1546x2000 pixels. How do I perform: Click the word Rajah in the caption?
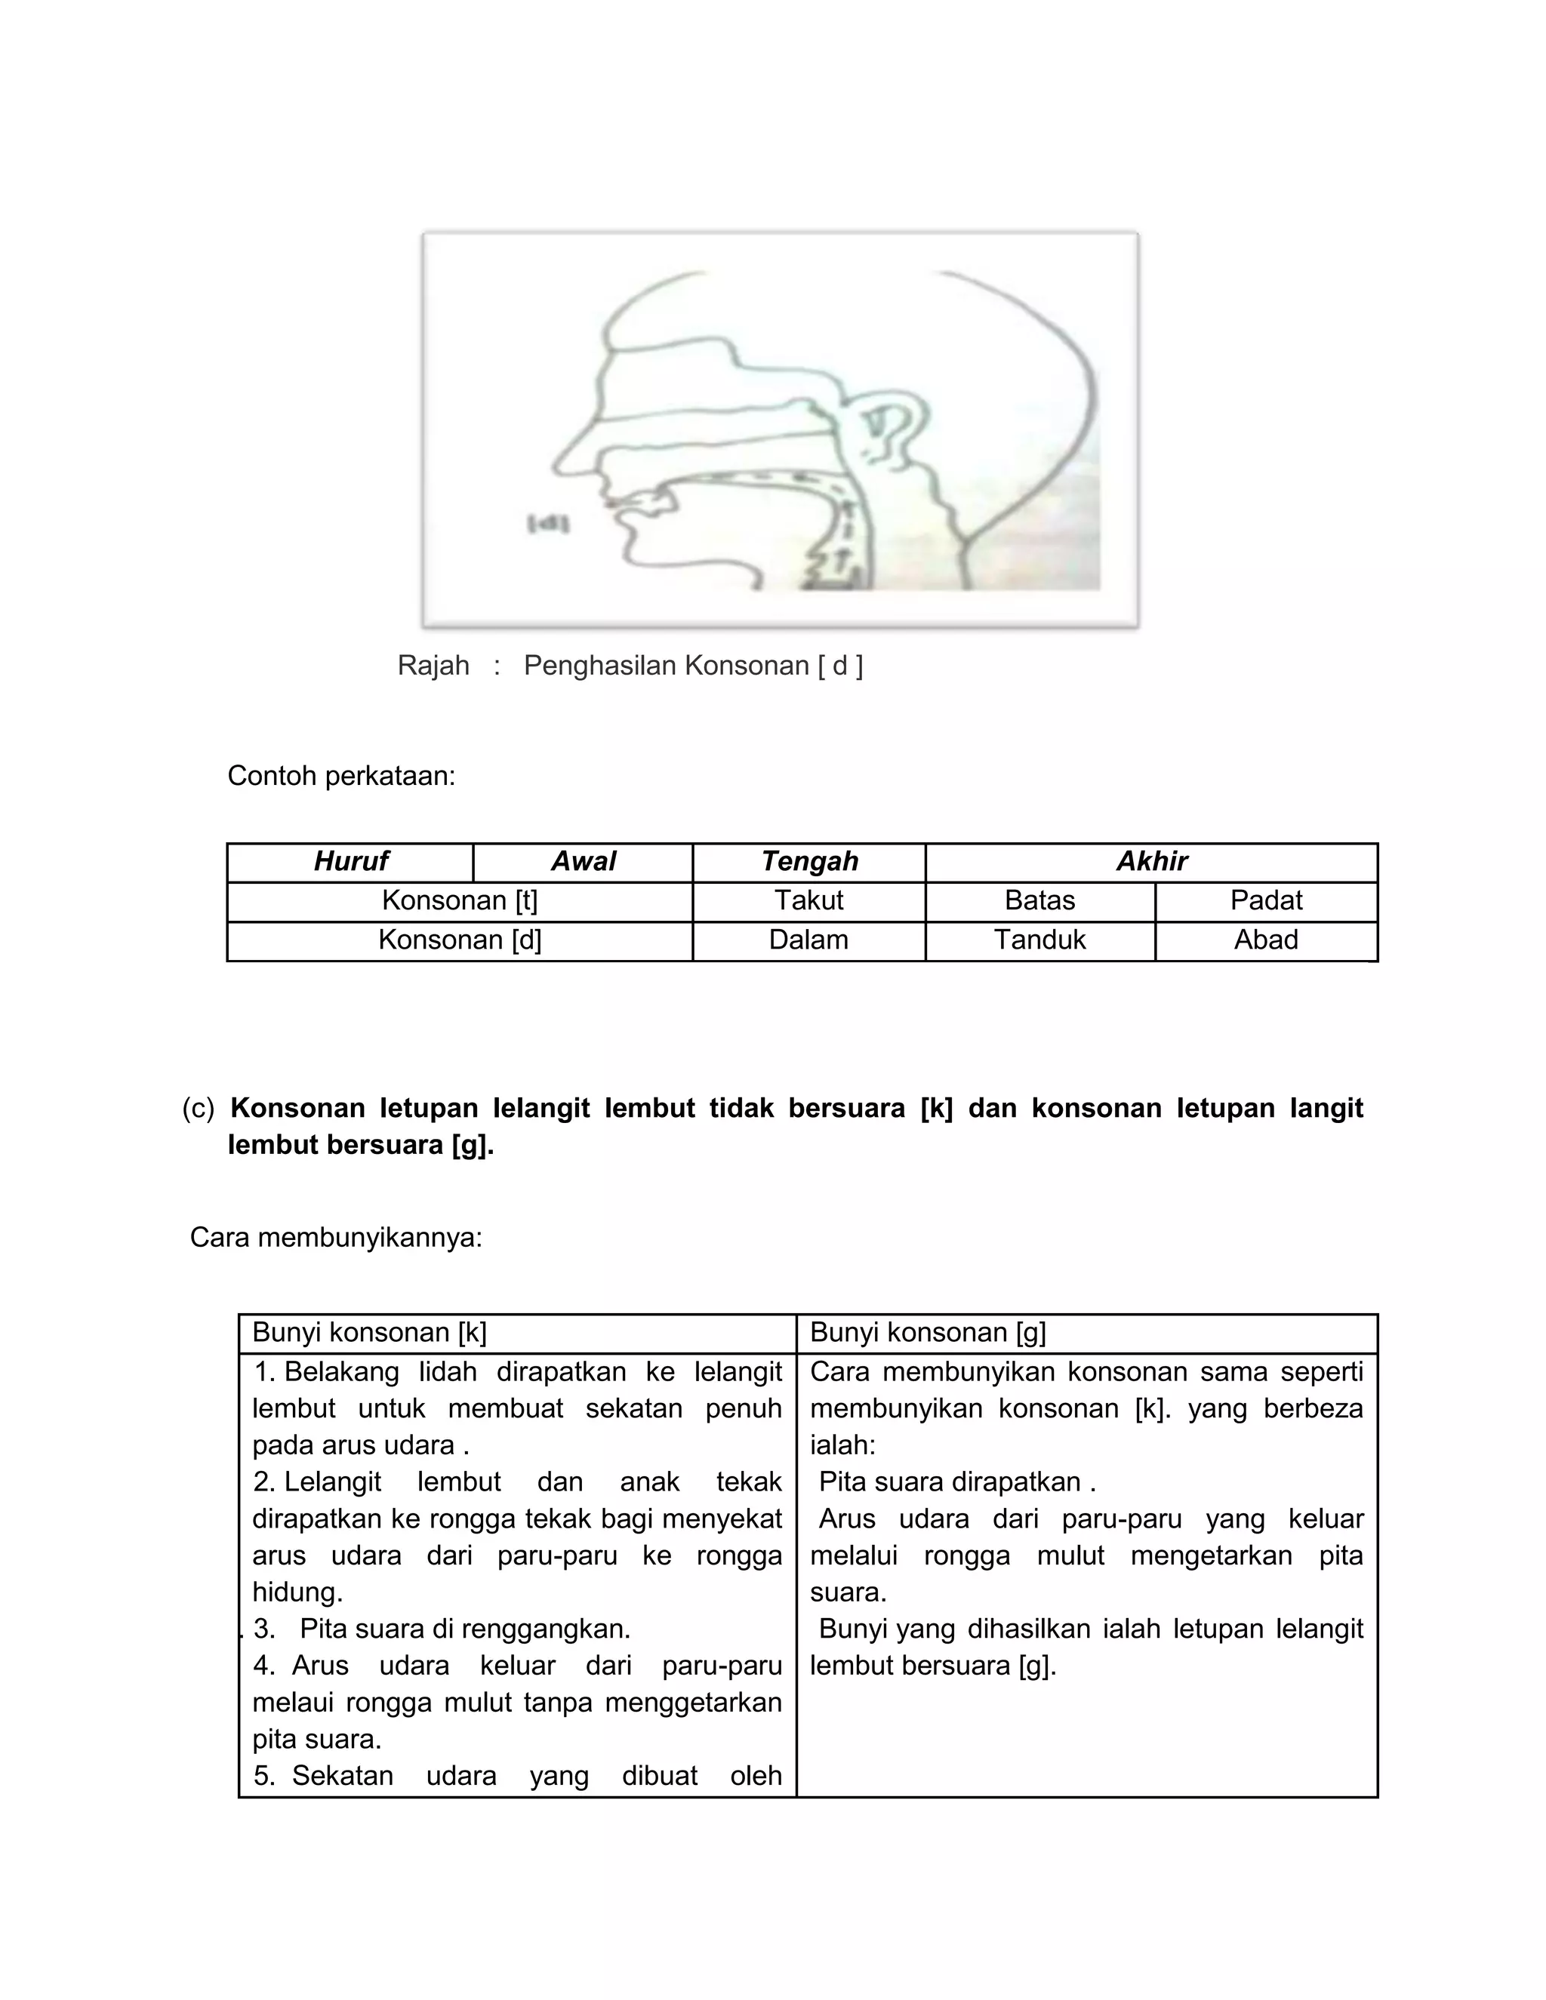(433, 666)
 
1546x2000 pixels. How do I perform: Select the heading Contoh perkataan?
(340, 776)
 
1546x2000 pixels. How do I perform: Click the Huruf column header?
(351, 862)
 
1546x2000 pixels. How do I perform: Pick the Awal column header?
(583, 862)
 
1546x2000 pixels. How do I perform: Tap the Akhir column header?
(1151, 862)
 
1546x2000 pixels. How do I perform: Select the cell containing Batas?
(1039, 901)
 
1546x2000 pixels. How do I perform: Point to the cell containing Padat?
(1266, 901)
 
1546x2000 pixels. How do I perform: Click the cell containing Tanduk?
(1039, 940)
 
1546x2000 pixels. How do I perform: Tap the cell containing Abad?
(1266, 940)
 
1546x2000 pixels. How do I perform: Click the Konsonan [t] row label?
(460, 901)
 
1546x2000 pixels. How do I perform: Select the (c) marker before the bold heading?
(198, 1108)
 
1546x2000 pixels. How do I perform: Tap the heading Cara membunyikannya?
(335, 1238)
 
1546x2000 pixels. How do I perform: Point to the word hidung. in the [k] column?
(297, 1592)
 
